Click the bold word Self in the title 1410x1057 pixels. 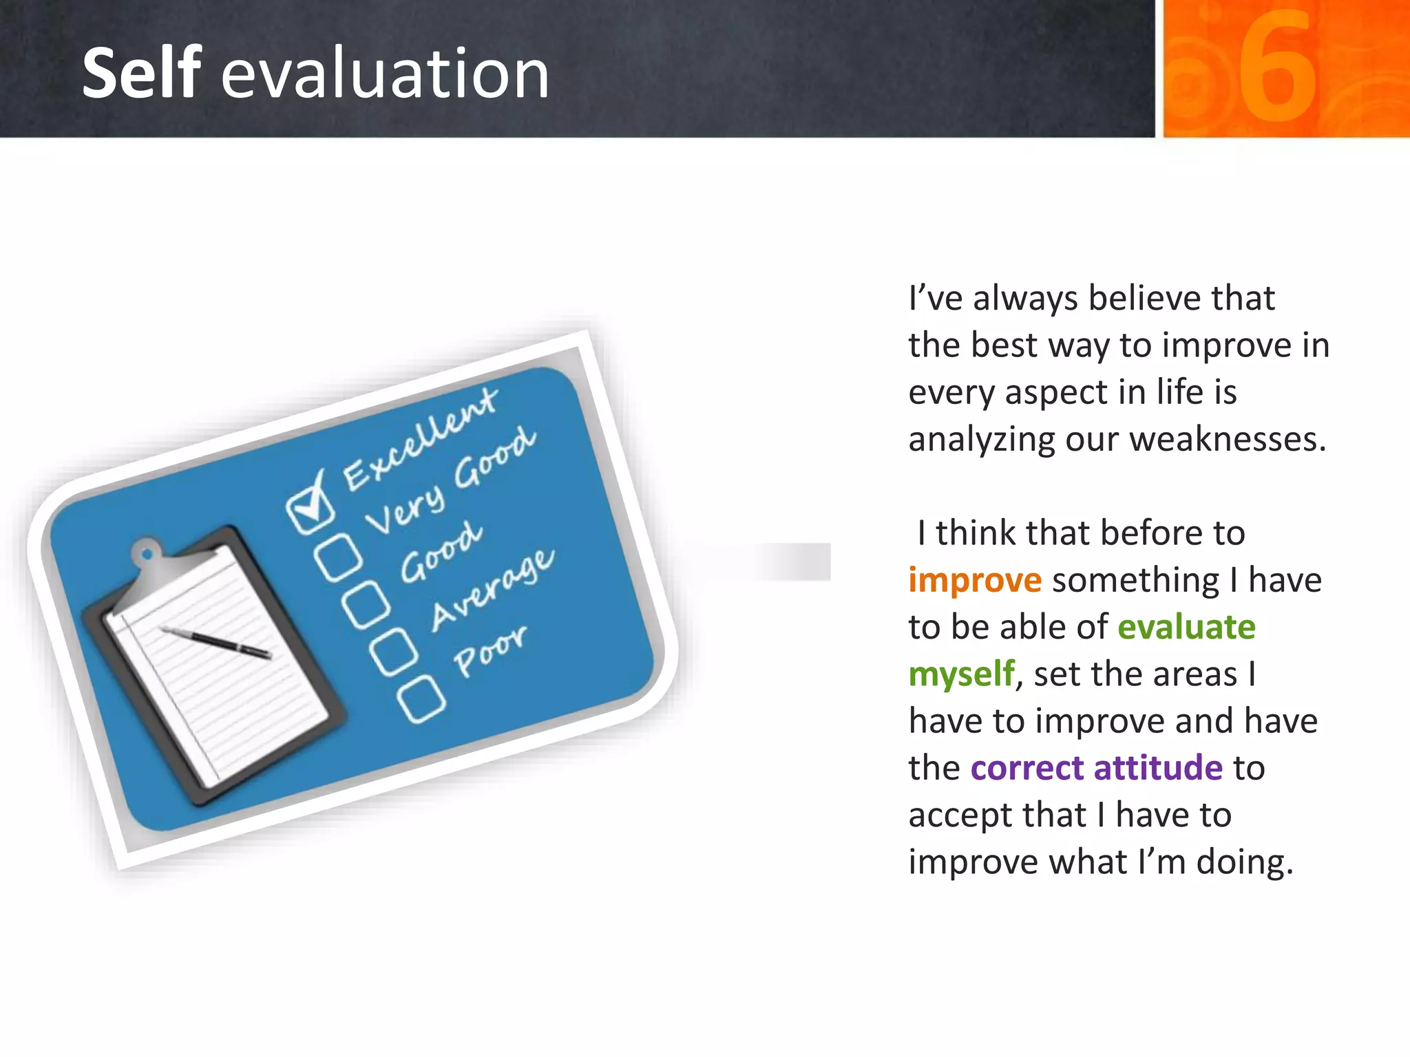(x=141, y=72)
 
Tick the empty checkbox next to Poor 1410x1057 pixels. (x=421, y=699)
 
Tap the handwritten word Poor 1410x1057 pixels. (x=490, y=650)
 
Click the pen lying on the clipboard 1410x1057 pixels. (x=216, y=642)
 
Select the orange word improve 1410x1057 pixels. (x=974, y=580)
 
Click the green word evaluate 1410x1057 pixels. (x=1186, y=627)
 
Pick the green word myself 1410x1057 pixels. (x=961, y=674)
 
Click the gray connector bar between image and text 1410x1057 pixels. (x=792, y=562)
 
